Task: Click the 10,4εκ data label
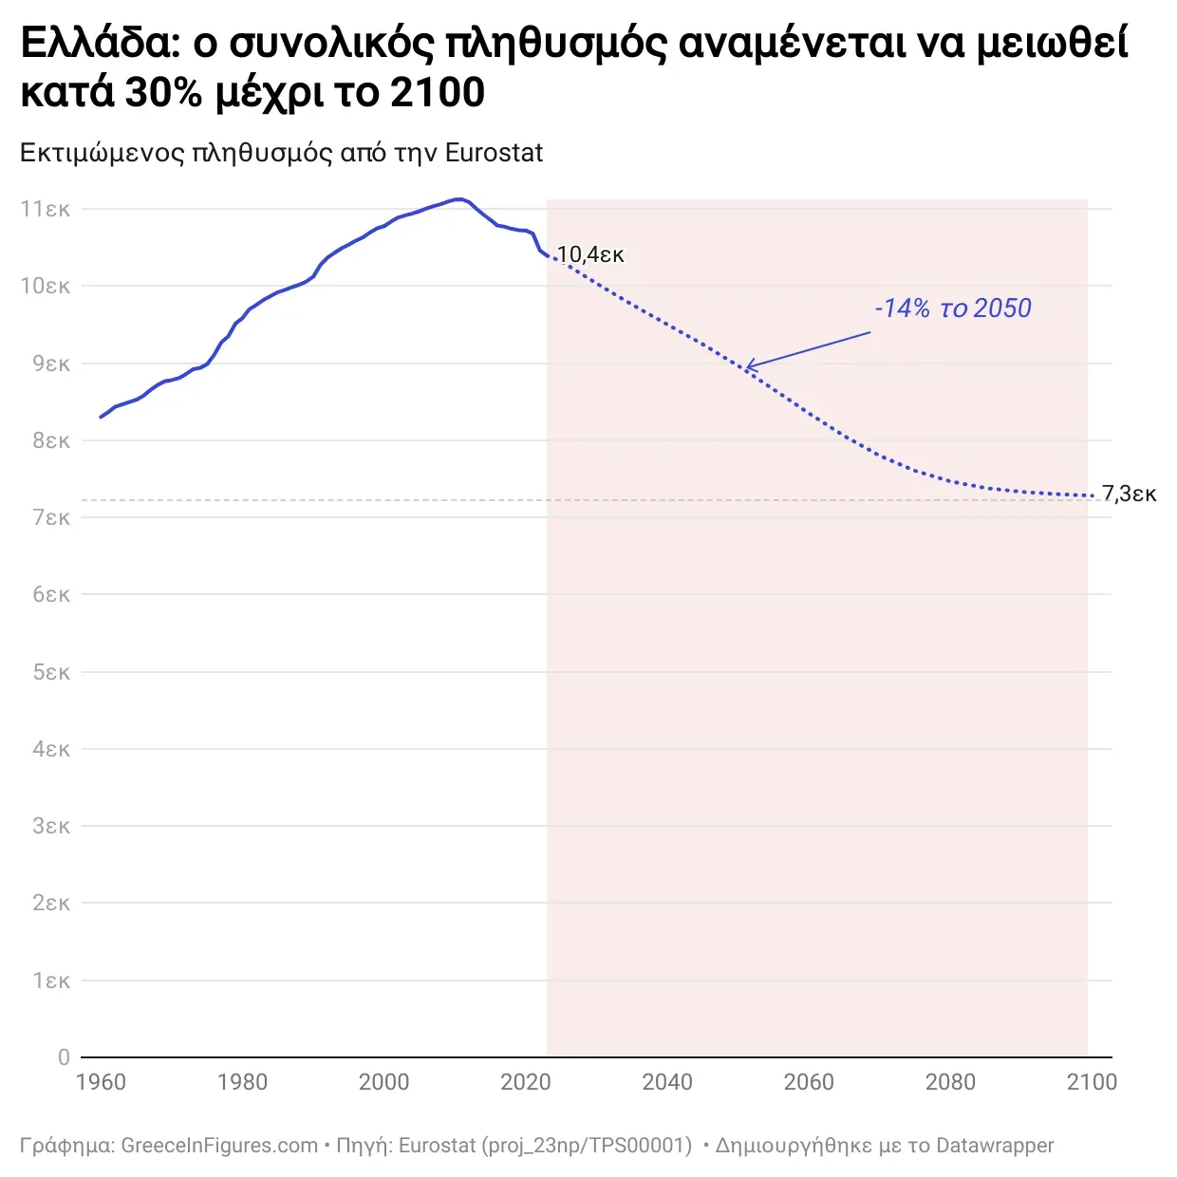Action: coord(590,254)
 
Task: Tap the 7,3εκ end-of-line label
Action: coord(1129,494)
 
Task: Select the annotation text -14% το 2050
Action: coord(952,308)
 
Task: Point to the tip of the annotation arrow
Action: coord(746,367)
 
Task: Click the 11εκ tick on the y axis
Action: coord(46,209)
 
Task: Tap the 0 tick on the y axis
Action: coord(64,1057)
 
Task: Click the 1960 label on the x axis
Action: coord(101,1082)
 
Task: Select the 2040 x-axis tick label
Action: coord(667,1082)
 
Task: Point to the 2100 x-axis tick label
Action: coord(1092,1082)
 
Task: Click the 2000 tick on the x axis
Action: coord(383,1082)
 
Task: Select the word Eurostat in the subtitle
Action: coord(494,153)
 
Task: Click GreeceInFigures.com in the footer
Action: coord(219,1146)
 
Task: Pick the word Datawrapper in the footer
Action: coord(995,1146)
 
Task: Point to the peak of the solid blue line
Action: coord(459,198)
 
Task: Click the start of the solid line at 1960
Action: coord(101,417)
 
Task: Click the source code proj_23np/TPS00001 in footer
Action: coord(588,1146)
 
